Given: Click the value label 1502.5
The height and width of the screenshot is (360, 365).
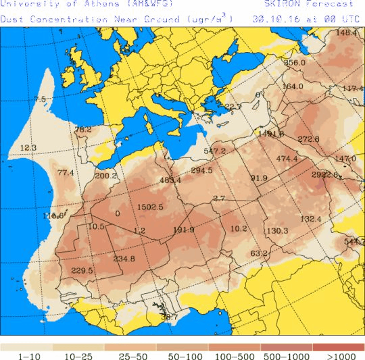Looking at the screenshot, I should pos(150,207).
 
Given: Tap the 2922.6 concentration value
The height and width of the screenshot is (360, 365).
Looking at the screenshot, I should pos(324,174).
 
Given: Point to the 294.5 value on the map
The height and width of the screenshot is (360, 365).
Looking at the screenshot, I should pos(201,171).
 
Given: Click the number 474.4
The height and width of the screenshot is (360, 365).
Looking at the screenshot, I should pos(287,159).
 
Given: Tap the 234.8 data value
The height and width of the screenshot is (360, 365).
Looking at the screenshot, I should pos(124,259).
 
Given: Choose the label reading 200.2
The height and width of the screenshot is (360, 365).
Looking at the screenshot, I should pos(106,176).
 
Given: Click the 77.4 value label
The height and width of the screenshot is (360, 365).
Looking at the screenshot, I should pos(66,173).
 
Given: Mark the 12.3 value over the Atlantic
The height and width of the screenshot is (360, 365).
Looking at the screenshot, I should pos(28,147).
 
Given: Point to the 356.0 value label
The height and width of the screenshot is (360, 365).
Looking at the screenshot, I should pos(295,63).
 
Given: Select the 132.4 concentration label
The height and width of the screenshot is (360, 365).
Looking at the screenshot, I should pos(310,219).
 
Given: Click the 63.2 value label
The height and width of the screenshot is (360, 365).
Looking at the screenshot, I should pos(260,253).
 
